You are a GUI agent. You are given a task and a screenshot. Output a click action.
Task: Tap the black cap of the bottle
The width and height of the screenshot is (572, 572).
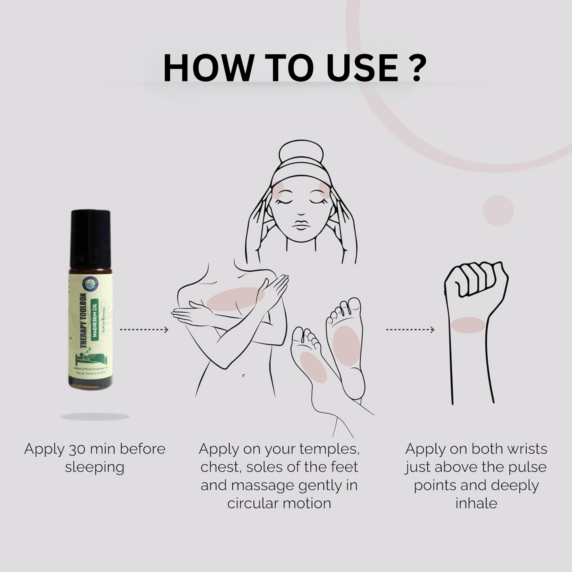pyautogui.click(x=91, y=238)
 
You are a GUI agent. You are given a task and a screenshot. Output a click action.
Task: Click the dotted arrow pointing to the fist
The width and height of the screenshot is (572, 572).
pyautogui.click(x=410, y=329)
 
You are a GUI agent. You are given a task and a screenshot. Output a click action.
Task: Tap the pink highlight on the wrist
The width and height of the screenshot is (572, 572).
pyautogui.click(x=468, y=325)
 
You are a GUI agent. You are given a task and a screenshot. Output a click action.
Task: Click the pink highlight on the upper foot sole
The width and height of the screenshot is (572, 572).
pyautogui.click(x=346, y=344)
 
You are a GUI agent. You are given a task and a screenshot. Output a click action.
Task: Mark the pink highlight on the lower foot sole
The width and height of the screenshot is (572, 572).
pyautogui.click(x=314, y=367)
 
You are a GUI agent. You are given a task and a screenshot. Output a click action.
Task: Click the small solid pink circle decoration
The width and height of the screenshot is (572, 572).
pyautogui.click(x=498, y=211)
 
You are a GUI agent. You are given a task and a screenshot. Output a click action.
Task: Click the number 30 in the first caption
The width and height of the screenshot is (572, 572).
pyautogui.click(x=76, y=449)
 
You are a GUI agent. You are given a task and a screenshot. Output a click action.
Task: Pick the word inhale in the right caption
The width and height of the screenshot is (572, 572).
pyautogui.click(x=476, y=504)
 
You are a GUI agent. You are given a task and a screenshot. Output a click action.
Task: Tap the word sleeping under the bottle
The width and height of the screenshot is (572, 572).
pyautogui.click(x=95, y=467)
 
